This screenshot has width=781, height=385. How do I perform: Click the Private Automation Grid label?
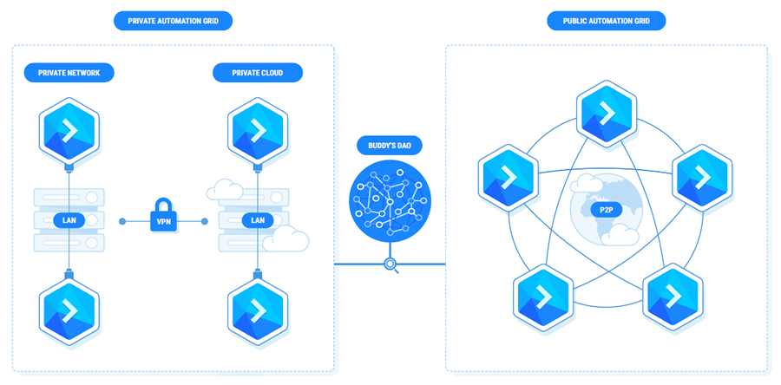point(174,21)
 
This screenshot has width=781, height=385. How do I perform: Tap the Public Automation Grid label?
point(607,21)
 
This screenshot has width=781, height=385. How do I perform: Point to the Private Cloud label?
point(258,73)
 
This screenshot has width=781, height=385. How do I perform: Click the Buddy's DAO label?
point(390,146)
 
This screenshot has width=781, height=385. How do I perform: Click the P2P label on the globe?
point(602,209)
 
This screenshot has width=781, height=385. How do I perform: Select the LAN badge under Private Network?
point(69,220)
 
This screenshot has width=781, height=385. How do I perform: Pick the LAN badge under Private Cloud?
point(258,220)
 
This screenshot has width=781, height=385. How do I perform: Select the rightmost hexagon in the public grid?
point(703,177)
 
